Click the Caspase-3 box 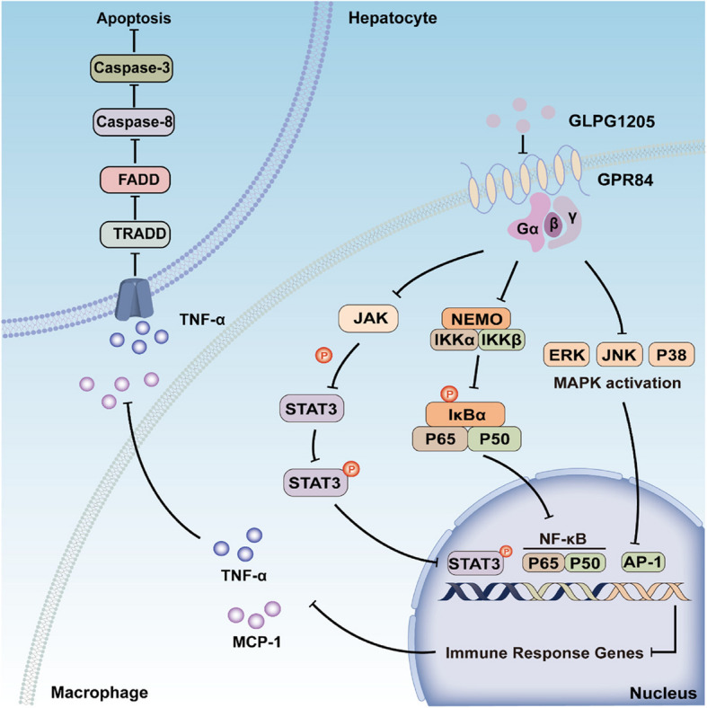[x=131, y=68]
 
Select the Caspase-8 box [x=134, y=122]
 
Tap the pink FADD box [x=135, y=180]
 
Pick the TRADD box [x=135, y=234]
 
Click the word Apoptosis [x=134, y=18]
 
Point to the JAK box [x=368, y=318]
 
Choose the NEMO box [x=476, y=319]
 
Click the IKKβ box [x=501, y=340]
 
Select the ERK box [x=567, y=355]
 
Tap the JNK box [x=619, y=355]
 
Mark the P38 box [x=671, y=355]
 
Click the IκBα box [x=466, y=414]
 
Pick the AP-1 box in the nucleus [x=643, y=562]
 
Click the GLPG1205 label [x=611, y=121]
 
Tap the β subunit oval [x=553, y=224]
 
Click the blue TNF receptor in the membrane [x=134, y=299]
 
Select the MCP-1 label [x=256, y=642]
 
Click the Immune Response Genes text [x=544, y=653]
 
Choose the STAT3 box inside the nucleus [x=474, y=563]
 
